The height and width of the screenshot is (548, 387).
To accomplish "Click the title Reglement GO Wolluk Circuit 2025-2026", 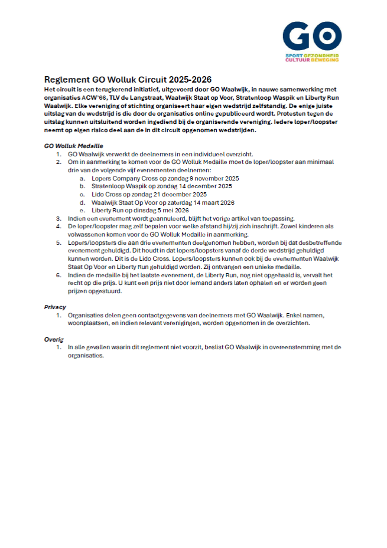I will click(128, 80).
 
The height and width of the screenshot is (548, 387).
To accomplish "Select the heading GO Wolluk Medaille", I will click(74, 145).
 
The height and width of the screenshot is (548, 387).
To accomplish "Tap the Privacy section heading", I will click(55, 307).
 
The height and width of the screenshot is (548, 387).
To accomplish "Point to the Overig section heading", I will click(53, 339).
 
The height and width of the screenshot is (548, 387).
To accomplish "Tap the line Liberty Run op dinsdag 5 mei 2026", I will click(140, 210).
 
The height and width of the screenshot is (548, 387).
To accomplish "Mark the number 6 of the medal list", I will click(58, 275).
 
